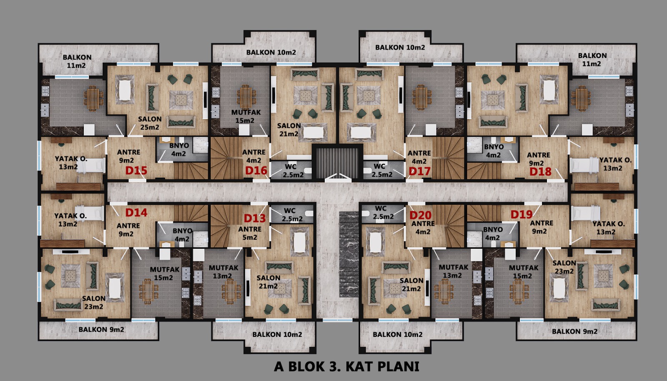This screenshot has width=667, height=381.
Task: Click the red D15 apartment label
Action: point(136,170)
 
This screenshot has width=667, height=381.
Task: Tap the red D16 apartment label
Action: point(256,170)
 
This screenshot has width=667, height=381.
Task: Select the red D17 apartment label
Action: point(419,171)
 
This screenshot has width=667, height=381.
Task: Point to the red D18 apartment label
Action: point(540,171)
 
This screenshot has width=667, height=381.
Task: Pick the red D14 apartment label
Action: point(136,213)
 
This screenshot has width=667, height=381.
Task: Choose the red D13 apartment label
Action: point(255,218)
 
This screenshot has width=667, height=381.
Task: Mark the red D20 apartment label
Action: point(421,215)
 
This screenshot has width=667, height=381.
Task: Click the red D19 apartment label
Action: point(522,214)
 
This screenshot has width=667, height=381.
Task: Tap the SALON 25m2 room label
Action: point(150,123)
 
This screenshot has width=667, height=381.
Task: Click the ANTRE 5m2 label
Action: point(250,233)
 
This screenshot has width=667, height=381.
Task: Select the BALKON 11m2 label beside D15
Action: point(77,61)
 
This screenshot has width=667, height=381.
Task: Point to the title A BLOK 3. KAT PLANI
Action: point(346,366)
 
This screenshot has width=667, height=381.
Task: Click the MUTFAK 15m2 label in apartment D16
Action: point(246,116)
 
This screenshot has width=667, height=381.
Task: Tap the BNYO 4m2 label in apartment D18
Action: point(494,151)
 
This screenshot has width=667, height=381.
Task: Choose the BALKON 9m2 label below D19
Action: point(574,331)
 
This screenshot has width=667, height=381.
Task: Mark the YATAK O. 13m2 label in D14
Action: point(70,220)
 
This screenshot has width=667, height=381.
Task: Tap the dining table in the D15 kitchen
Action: point(93,98)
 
